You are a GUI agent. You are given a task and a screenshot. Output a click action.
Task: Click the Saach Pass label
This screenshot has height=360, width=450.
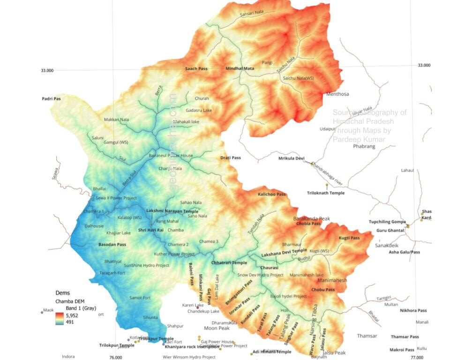196,69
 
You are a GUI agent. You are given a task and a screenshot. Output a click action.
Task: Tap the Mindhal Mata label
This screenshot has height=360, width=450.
240,68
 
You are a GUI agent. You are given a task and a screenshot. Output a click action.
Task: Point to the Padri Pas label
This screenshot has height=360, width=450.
51,99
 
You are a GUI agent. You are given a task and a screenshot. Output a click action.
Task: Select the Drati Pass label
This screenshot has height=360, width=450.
230,158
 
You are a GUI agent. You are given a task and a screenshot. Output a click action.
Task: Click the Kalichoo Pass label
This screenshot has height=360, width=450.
271,194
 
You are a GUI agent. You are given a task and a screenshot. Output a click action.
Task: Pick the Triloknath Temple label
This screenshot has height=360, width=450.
326,193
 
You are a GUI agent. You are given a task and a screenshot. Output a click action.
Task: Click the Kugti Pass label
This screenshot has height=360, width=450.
349,238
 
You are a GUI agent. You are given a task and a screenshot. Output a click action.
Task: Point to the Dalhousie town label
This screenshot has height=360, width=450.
94,226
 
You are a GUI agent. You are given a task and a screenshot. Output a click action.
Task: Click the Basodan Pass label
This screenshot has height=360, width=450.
112,245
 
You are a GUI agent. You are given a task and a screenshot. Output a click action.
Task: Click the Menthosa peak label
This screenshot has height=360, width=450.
337,94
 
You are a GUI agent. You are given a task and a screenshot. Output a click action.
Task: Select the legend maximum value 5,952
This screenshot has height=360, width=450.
72,316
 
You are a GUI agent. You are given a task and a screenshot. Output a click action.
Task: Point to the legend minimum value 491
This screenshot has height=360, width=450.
69,322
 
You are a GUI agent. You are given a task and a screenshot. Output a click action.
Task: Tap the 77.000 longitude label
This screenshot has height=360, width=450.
416,357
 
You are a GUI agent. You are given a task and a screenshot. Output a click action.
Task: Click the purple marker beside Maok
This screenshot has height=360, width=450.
42,312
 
